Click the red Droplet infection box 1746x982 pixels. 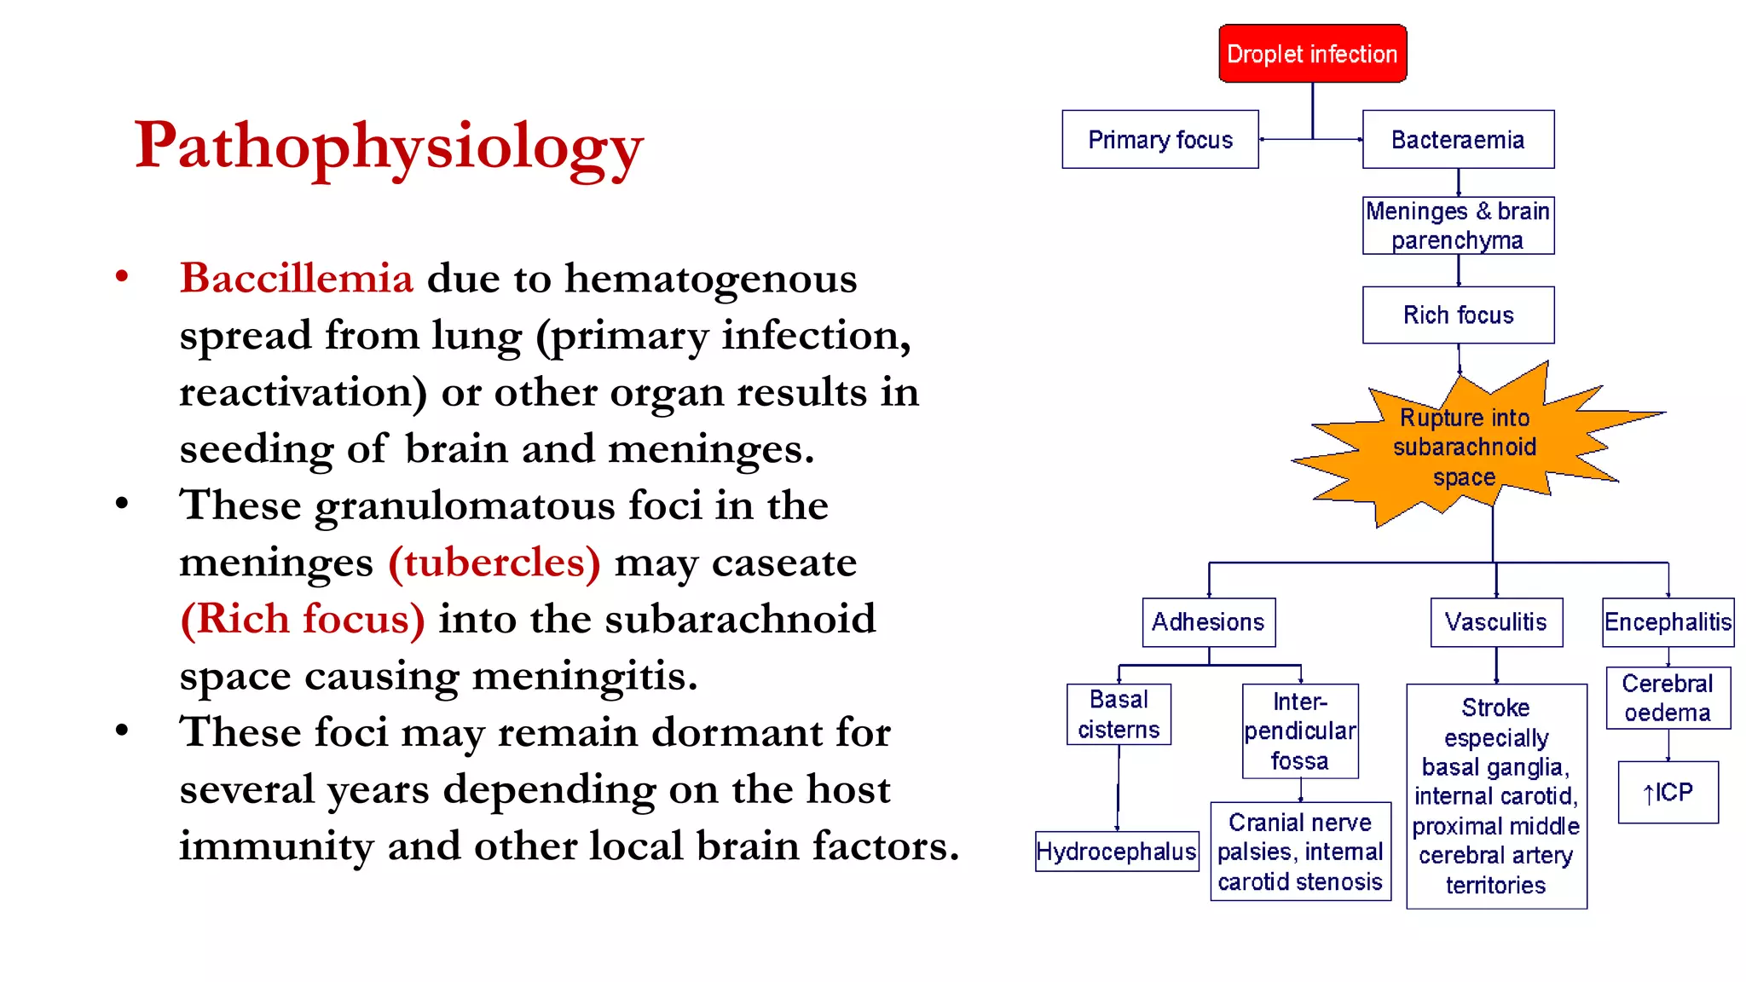point(1312,54)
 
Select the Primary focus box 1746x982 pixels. point(1159,139)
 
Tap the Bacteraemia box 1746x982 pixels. point(1458,139)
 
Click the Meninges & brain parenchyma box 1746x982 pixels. point(1458,225)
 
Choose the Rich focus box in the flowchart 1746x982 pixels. point(1458,315)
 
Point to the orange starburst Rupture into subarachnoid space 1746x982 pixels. point(1464,447)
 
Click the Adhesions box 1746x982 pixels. point(1208,622)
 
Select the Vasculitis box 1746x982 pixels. point(1495,622)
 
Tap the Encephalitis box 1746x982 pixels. point(1668,622)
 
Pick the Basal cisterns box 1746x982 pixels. point(1119,714)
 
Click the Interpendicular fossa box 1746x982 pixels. point(1299,731)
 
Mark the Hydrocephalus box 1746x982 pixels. point(1116,851)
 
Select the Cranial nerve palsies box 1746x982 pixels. point(1300,851)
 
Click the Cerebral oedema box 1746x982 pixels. point(1668,697)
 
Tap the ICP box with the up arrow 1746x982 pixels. point(1668,792)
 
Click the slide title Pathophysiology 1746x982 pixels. point(389,146)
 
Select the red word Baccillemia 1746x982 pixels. point(296,279)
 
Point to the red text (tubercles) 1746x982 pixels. point(494,563)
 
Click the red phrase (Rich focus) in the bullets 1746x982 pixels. point(302,619)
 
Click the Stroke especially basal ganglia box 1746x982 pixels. point(1495,795)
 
